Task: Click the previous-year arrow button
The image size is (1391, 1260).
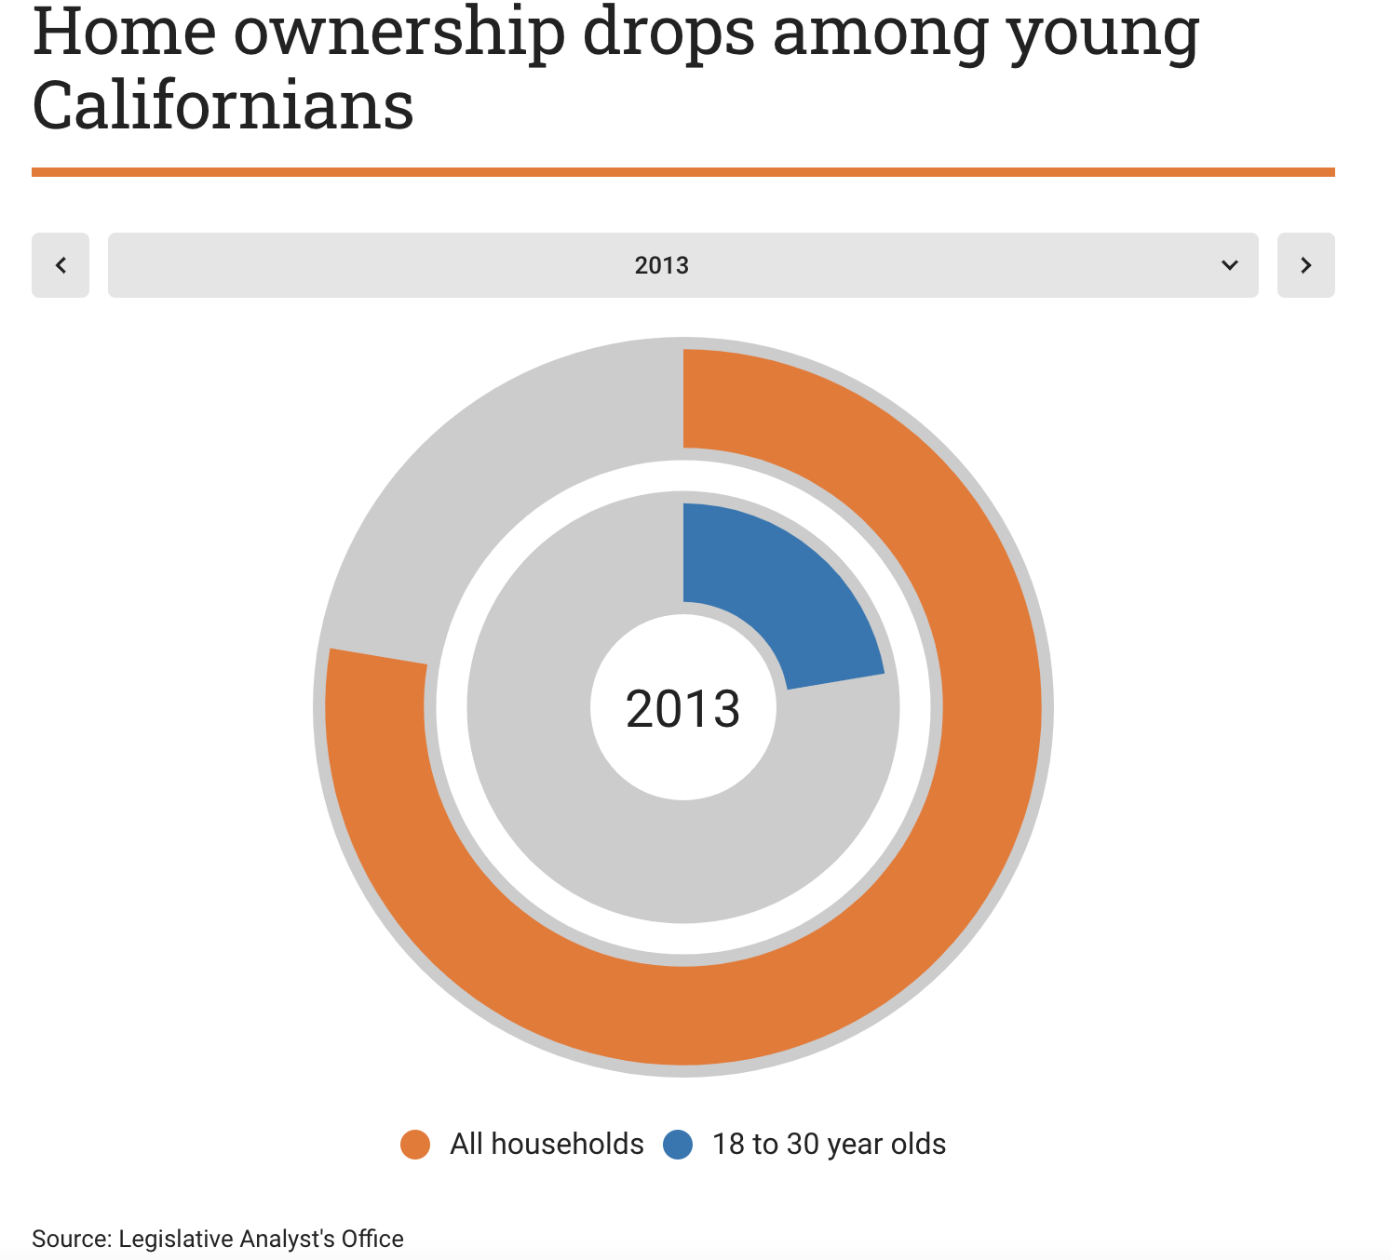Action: [x=61, y=265]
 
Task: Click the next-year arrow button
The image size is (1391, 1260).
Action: [x=1305, y=265]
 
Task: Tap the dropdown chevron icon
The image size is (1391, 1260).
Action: [x=1229, y=265]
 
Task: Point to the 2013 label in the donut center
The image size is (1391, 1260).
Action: [x=682, y=708]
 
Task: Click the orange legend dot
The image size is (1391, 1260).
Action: [x=415, y=1145]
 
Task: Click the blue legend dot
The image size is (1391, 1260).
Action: [x=678, y=1145]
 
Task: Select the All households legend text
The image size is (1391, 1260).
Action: [x=547, y=1144]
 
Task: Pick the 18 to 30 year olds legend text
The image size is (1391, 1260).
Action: [x=829, y=1144]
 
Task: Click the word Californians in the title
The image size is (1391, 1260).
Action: [x=223, y=105]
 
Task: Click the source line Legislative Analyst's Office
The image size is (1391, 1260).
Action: [x=218, y=1239]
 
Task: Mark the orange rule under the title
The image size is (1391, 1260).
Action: [x=682, y=172]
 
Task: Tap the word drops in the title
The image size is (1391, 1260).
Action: [x=668, y=34]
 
